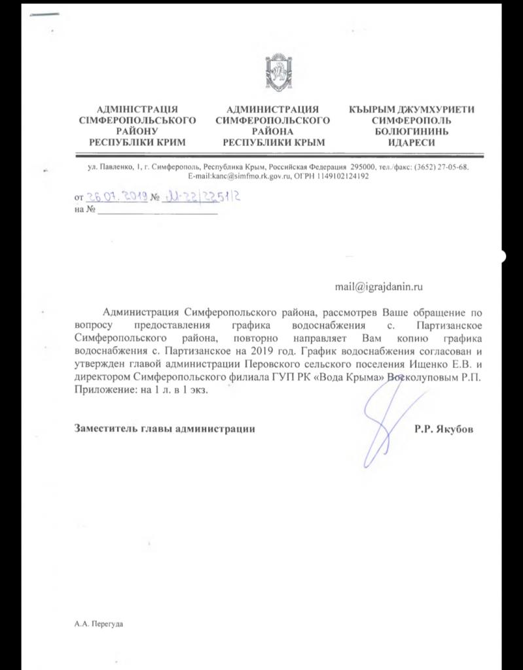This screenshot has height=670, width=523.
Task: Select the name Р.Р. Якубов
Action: coord(442,429)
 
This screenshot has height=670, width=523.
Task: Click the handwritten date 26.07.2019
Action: coord(117,196)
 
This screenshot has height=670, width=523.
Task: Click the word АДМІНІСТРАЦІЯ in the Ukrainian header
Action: coord(137,110)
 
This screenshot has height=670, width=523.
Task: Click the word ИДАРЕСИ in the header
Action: coord(411,142)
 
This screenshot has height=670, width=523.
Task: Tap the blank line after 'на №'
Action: coord(157,212)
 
